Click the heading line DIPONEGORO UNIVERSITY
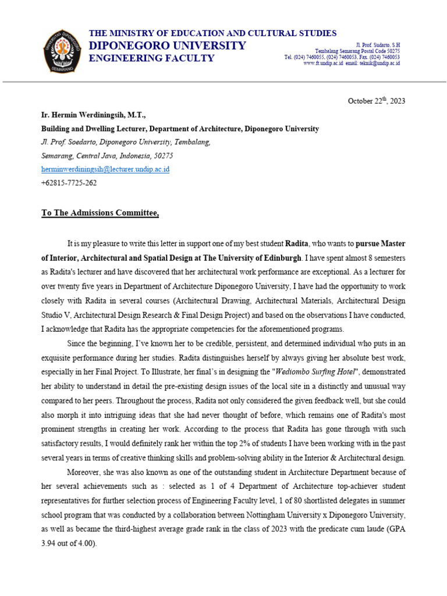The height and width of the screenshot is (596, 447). pos(167,46)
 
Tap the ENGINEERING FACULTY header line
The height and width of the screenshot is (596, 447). pos(151,58)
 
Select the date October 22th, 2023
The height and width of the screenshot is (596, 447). pos(376,101)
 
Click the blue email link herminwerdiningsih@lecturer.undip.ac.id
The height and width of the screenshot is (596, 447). pos(105,169)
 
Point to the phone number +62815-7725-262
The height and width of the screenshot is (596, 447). pos(69,183)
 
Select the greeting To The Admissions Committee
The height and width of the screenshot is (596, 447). pos(100,213)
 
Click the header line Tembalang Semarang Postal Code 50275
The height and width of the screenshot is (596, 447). pos(357,51)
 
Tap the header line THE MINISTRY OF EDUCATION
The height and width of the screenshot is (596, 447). pos(212,33)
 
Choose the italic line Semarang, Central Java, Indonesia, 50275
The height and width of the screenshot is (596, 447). pos(107,156)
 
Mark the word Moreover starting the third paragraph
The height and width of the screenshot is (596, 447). pos(83,472)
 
